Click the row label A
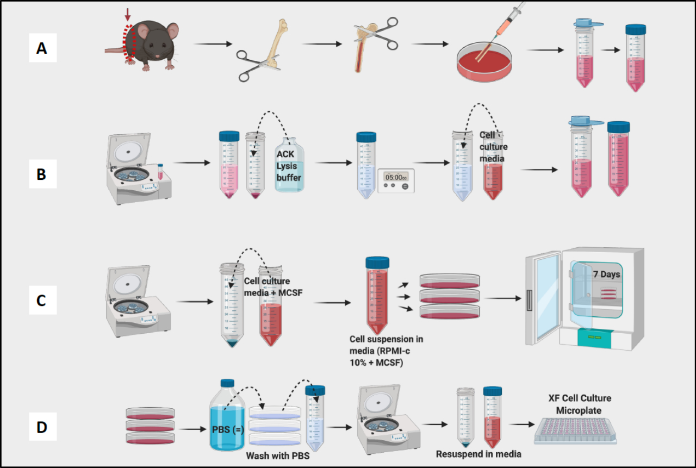(x=42, y=49)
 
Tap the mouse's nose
(x=157, y=56)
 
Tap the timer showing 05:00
(x=396, y=180)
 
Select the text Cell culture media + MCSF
(x=272, y=287)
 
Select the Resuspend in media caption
(x=478, y=454)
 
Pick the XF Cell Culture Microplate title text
(x=580, y=404)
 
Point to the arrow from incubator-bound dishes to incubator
(x=503, y=298)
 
